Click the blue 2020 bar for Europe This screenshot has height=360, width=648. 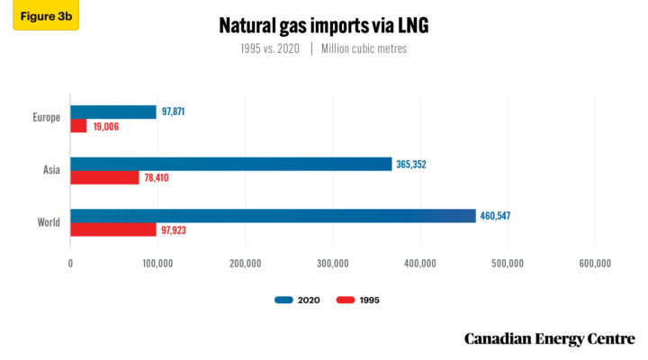point(113,112)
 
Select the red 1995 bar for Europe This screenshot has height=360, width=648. point(79,126)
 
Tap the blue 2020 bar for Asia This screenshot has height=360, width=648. point(231,164)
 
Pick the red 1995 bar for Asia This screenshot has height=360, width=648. point(104,177)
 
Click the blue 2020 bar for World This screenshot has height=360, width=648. point(273,216)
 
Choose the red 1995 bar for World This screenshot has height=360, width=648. point(113,229)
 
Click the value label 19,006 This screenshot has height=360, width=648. point(106,127)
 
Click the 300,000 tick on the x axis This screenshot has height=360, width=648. point(333,264)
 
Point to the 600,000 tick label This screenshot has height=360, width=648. point(595,264)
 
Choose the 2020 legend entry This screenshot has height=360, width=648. point(297,300)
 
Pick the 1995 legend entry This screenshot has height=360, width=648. point(359,300)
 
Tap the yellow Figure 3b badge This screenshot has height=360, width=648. point(45,15)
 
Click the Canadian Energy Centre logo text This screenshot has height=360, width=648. point(549,338)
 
